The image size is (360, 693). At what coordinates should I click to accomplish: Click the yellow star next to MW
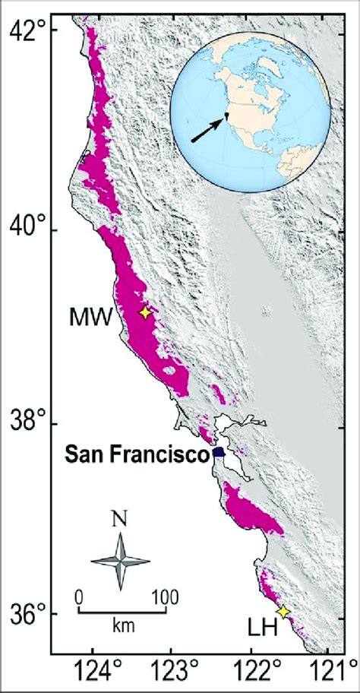146,312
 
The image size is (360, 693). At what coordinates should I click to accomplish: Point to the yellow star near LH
284,612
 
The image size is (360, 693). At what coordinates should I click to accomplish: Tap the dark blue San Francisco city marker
219,452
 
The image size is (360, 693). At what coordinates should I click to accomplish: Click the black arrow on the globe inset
208,128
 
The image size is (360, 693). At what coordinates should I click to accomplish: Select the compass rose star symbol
120,562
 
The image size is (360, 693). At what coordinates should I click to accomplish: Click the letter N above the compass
120,521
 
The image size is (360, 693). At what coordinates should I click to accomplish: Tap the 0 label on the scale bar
78,596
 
